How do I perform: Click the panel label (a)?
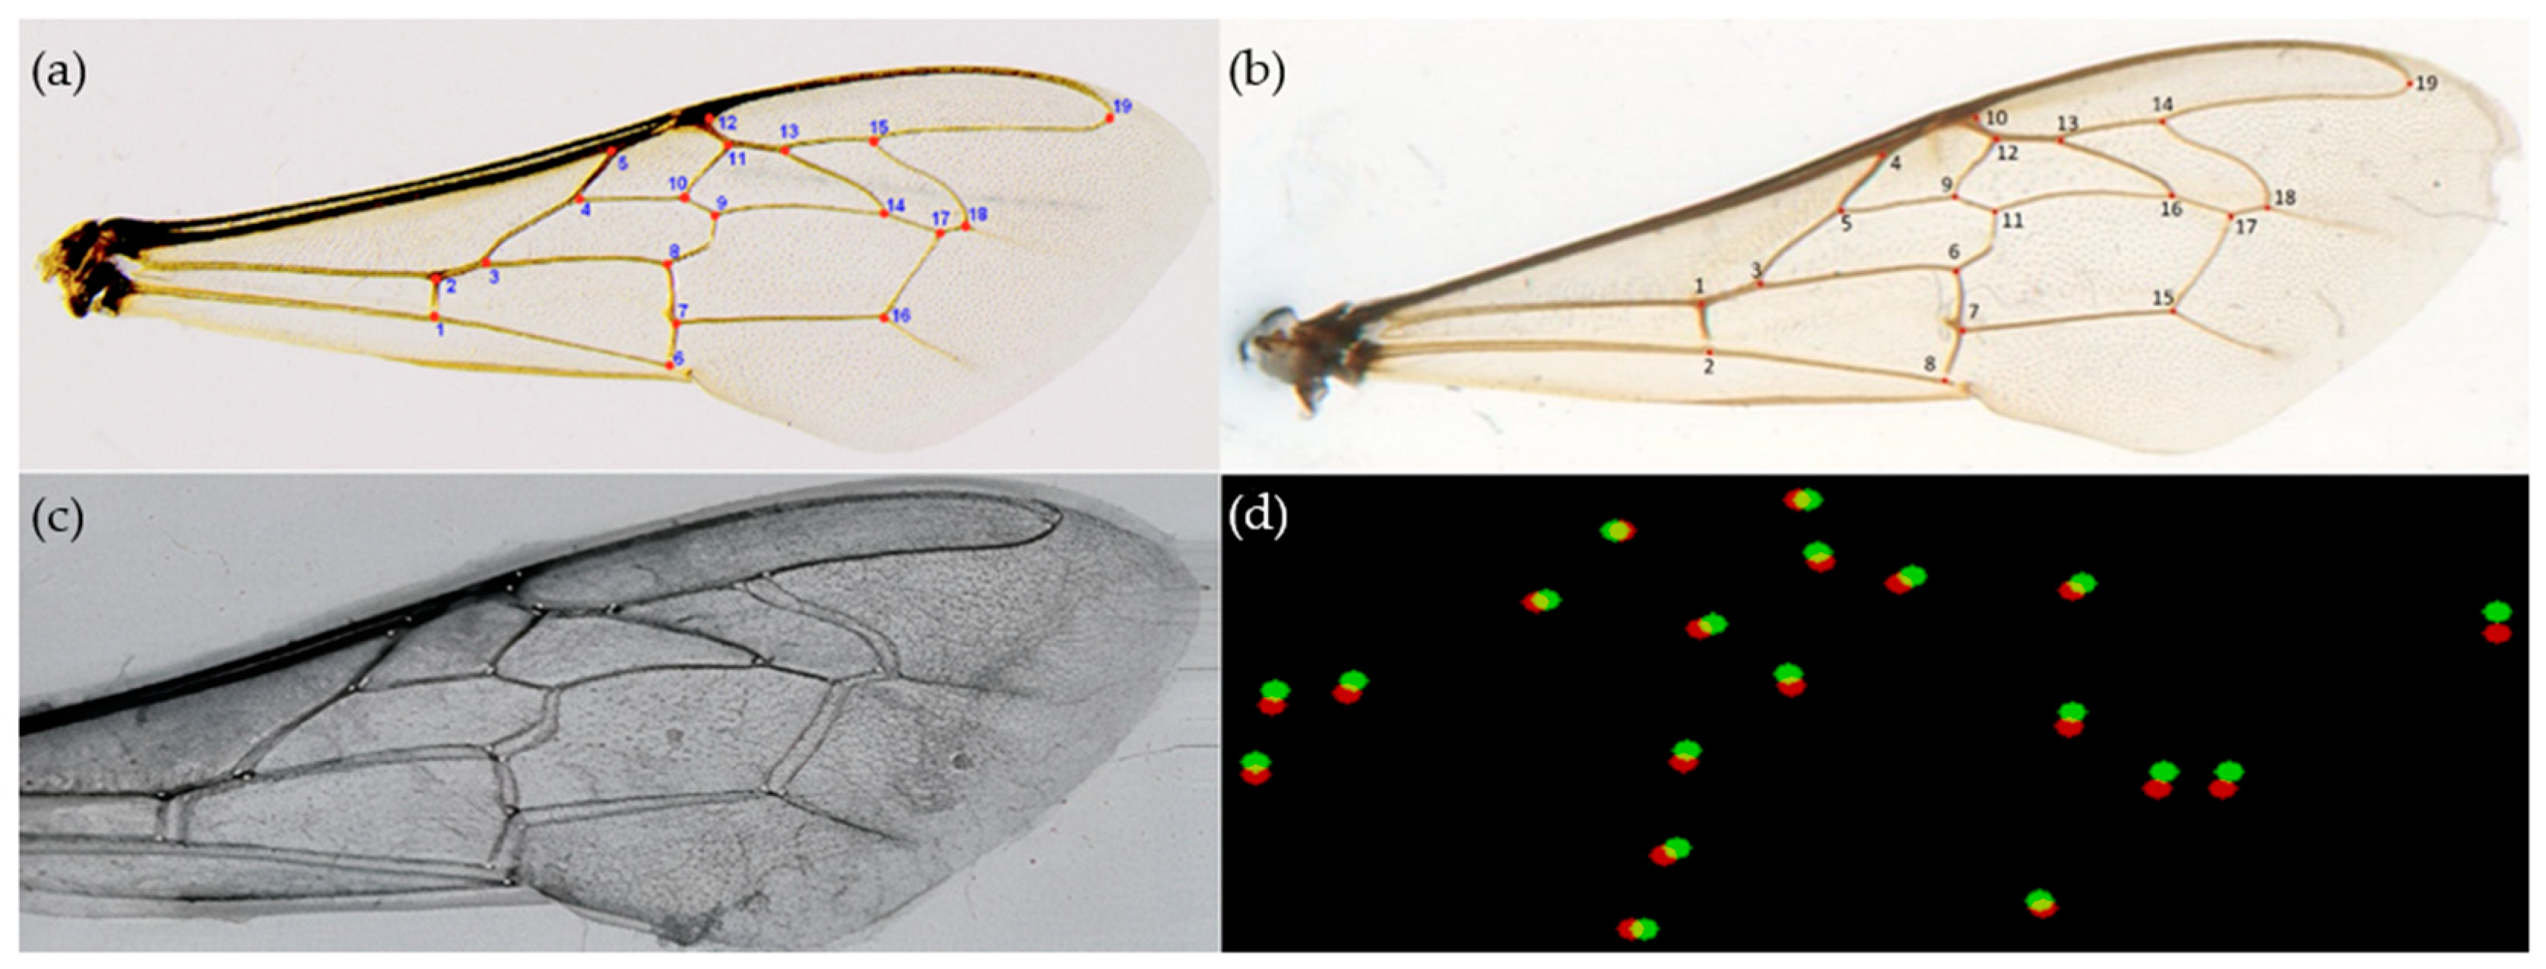click(59, 74)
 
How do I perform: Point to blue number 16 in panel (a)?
click(899, 316)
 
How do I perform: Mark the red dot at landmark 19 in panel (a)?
click(1109, 118)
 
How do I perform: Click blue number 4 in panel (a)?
click(585, 210)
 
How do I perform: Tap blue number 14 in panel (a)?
click(896, 206)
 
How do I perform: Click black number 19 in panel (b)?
click(2427, 84)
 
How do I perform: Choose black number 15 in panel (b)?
click(2163, 298)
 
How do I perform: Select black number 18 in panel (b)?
click(2284, 197)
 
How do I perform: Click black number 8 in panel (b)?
click(1929, 365)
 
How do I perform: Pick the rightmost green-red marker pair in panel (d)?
click(2497, 622)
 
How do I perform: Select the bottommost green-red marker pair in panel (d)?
click(1638, 929)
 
